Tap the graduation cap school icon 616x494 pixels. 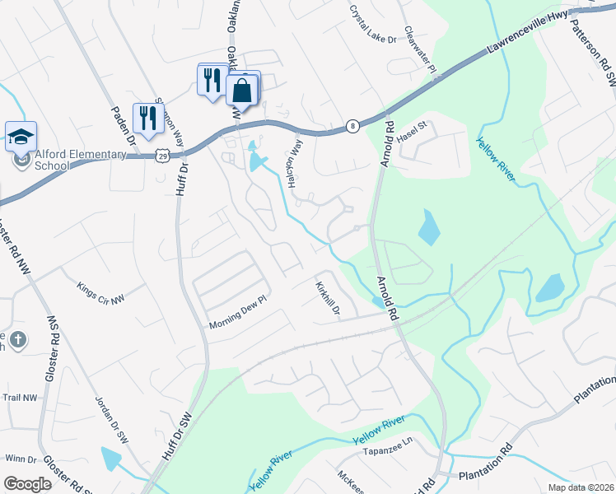[21, 137]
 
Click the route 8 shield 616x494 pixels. [352, 126]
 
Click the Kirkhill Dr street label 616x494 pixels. [328, 298]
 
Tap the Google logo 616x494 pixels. [27, 484]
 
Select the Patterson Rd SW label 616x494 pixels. [600, 53]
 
